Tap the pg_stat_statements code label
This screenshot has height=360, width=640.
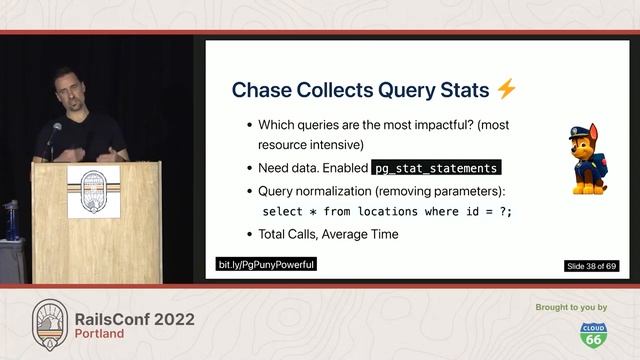[435, 168]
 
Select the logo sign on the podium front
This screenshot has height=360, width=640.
[93, 190]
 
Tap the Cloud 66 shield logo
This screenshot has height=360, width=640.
[591, 333]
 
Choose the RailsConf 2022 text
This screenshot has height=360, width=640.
[135, 319]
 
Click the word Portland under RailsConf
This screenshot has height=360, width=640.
[100, 334]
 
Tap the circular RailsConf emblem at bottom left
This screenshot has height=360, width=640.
[49, 322]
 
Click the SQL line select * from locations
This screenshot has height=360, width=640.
[386, 212]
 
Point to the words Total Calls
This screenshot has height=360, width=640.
[290, 234]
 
